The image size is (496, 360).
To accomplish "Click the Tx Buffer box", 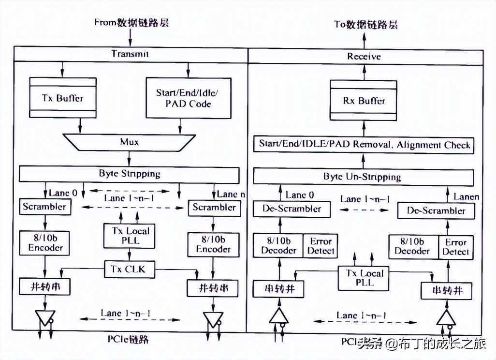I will coord(63,98).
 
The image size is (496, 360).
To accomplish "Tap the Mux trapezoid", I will coord(129,142).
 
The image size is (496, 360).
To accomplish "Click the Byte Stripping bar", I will coord(129,174).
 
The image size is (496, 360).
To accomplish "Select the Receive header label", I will coord(364,57).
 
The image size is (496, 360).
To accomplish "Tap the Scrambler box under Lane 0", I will coord(44,207).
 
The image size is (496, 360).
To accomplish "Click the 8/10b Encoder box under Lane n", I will coord(213,244).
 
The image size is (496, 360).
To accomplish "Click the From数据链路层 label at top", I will coord(131,23).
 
